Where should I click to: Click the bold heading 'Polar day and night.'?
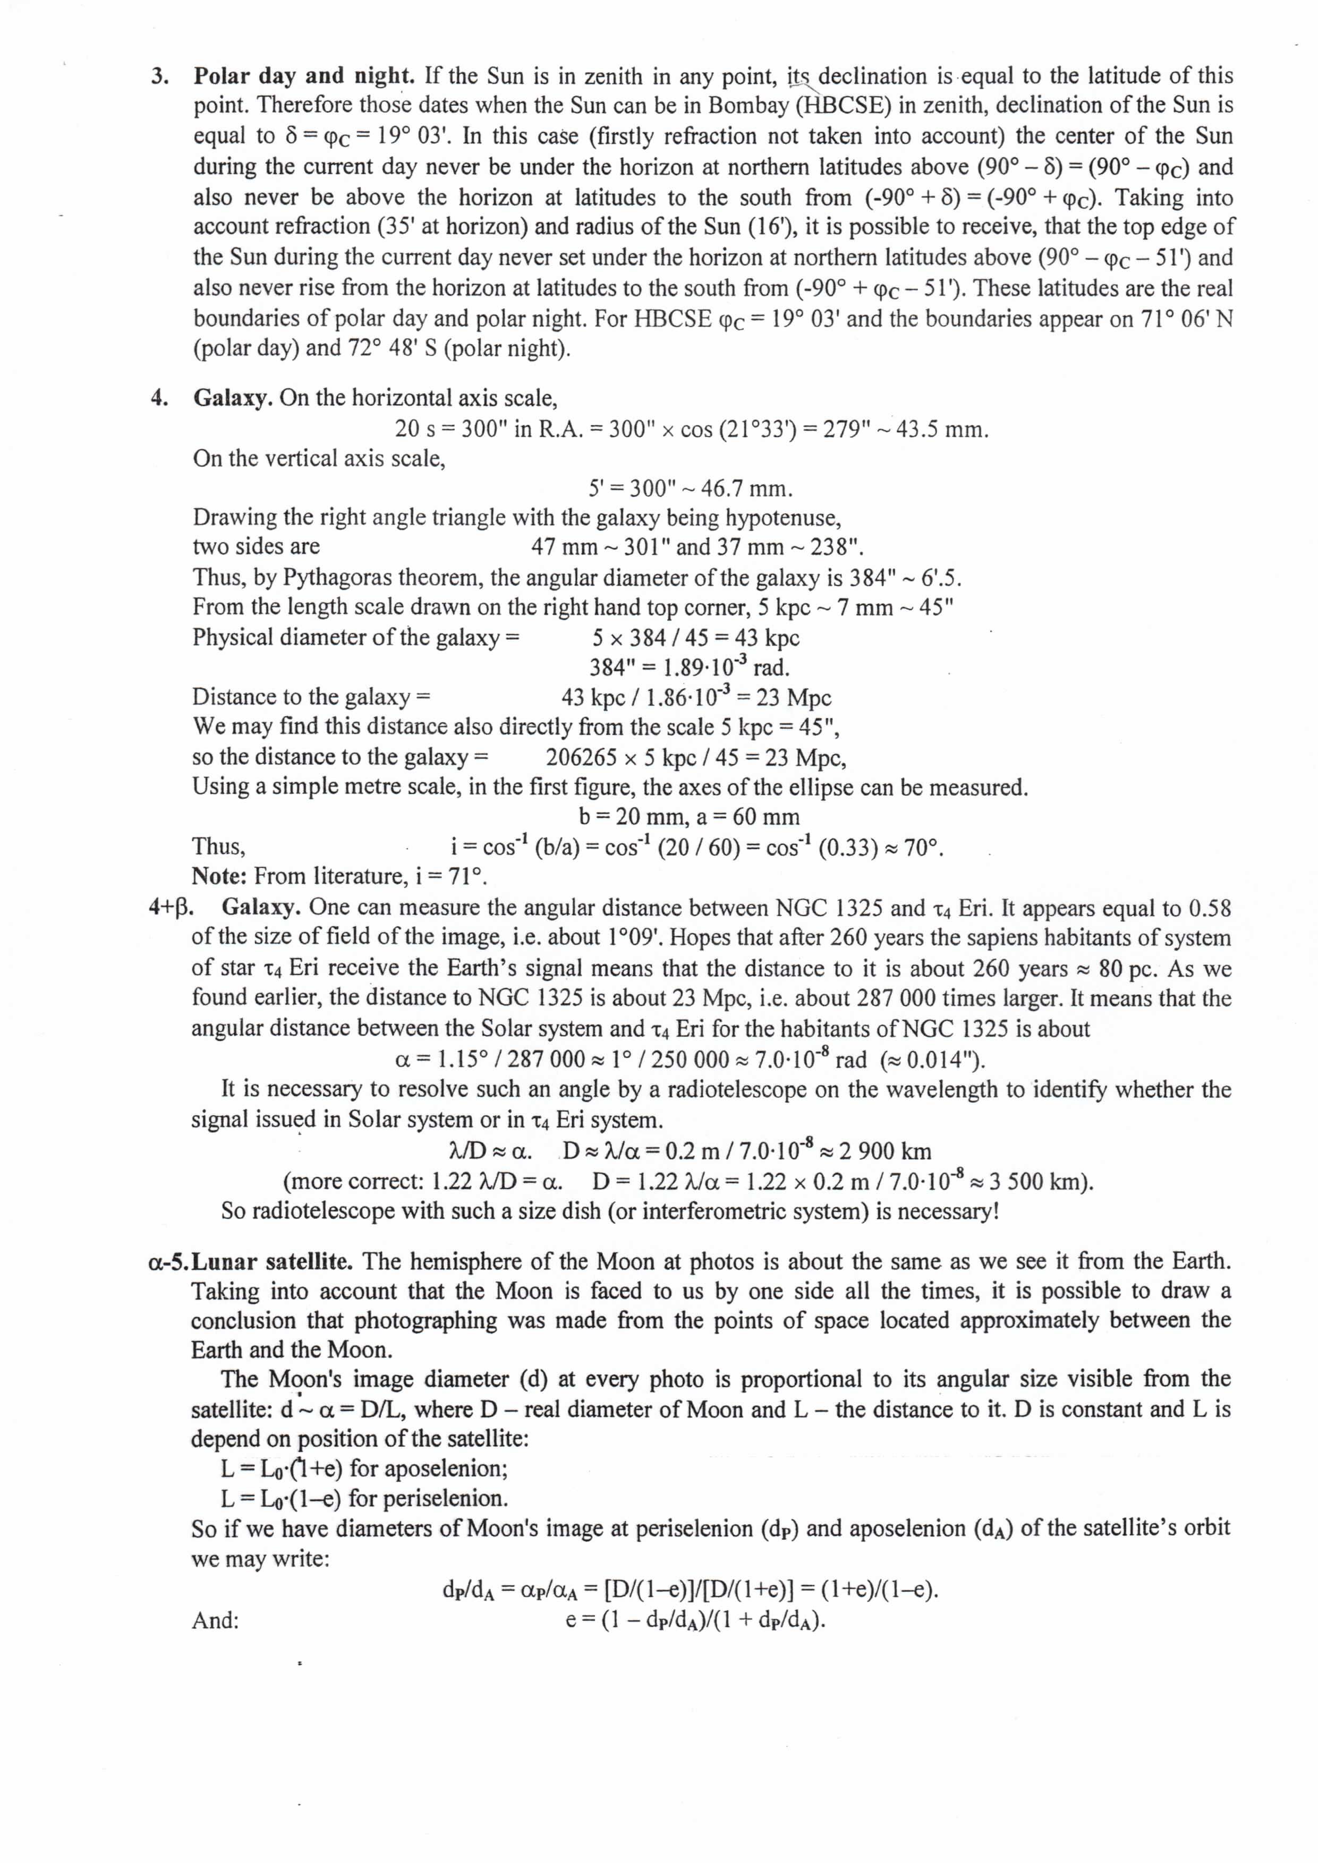pos(303,76)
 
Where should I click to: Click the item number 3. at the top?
pos(160,77)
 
